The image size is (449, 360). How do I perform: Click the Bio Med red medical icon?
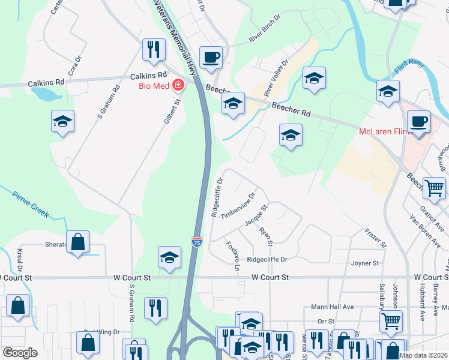[x=178, y=86]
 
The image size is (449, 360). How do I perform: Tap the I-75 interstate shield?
[x=197, y=241]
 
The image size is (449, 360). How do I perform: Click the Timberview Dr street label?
[x=238, y=206]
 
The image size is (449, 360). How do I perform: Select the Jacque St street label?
[x=256, y=215]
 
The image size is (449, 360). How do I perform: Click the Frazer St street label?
[x=376, y=238]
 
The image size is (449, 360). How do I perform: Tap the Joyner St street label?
[x=365, y=263]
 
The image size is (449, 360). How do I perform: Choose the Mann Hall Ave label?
[x=332, y=307]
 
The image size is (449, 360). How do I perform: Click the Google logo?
[x=20, y=353]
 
